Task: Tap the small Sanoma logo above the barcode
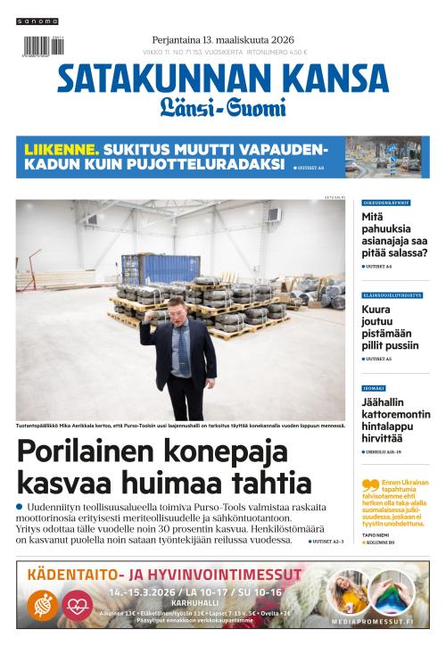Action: click(x=39, y=21)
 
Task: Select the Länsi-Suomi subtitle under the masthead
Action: click(x=223, y=109)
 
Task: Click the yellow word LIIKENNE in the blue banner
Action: click(x=60, y=149)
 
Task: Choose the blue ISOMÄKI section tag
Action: click(x=374, y=387)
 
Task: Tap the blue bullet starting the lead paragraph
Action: click(x=20, y=507)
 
